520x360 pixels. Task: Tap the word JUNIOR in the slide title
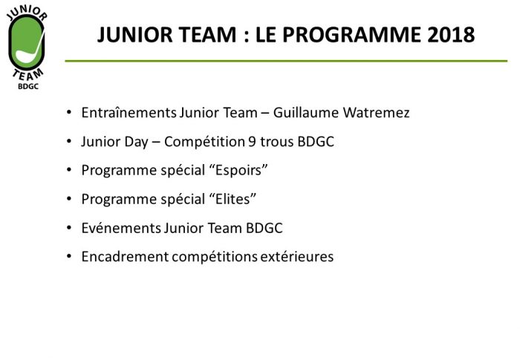pos(135,35)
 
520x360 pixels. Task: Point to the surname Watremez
pos(376,113)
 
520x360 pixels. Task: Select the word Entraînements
pos(129,113)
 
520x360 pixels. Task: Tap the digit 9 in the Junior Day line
pos(252,142)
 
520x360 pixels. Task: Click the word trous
pos(276,142)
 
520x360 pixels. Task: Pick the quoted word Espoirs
pos(238,171)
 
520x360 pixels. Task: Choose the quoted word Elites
pos(233,199)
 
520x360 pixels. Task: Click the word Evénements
pos(121,228)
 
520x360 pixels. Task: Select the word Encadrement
pos(125,257)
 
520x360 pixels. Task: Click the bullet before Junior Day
pos(69,142)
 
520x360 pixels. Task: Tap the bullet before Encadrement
pos(69,256)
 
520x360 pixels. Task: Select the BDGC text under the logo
pos(28,86)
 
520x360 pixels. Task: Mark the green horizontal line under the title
pos(286,61)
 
